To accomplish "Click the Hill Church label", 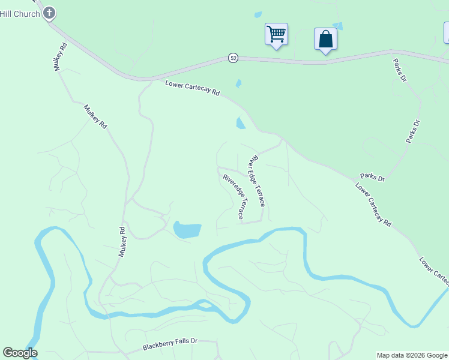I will click(x=19, y=13).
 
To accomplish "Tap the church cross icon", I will click(x=49, y=13).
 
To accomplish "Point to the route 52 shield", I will click(x=233, y=58).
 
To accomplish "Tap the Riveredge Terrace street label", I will click(x=234, y=196).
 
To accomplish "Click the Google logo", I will click(x=20, y=353).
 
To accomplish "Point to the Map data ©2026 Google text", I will click(x=412, y=355).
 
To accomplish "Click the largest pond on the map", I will click(x=187, y=230).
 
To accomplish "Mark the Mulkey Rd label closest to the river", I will click(x=122, y=242).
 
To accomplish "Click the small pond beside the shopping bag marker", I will click(x=337, y=26).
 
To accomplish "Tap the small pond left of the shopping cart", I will click(x=258, y=14).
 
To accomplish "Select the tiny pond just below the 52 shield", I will click(x=239, y=83).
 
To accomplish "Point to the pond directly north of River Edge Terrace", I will click(x=241, y=123).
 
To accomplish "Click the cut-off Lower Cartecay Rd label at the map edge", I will click(x=434, y=270).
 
